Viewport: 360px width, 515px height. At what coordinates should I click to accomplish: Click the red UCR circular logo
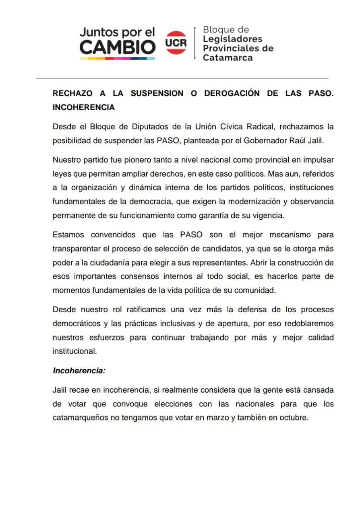pyautogui.click(x=176, y=43)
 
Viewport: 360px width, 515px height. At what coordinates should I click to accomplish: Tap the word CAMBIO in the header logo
pyautogui.click(x=117, y=47)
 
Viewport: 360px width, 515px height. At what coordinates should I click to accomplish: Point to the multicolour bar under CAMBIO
pyautogui.click(x=117, y=59)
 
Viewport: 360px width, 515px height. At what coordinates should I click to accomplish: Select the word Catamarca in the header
pyautogui.click(x=228, y=58)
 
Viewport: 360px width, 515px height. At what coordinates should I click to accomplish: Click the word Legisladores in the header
pyautogui.click(x=232, y=39)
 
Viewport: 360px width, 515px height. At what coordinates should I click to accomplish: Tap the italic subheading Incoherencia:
pyautogui.click(x=79, y=371)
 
